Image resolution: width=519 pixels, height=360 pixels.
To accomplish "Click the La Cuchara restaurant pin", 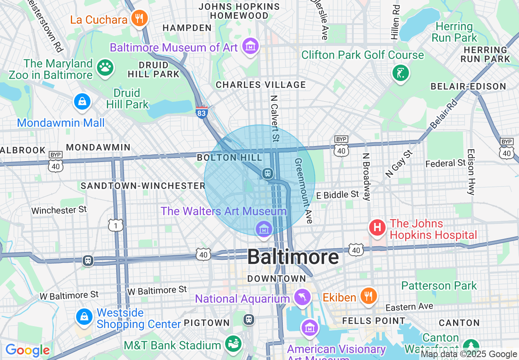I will click(140, 18).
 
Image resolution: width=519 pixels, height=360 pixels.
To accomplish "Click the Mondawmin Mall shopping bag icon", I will click(82, 101).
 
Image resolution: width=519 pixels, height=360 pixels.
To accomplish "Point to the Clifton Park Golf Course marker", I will click(400, 74).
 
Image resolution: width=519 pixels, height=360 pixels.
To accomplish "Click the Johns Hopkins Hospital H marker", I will click(377, 227).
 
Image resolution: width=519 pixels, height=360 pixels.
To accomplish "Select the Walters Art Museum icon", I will click(264, 229).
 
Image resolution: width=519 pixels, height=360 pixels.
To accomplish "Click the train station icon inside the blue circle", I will click(268, 173).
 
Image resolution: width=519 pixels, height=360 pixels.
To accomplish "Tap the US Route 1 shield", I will click(116, 225).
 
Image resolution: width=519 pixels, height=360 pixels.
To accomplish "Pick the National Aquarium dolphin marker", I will click(302, 297).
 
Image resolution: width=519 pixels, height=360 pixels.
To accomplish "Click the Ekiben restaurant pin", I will click(368, 295).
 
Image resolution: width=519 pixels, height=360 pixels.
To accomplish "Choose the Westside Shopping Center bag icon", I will click(84, 317).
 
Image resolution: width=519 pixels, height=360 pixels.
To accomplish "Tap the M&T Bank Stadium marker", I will click(234, 344).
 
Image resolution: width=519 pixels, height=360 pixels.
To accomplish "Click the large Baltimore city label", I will click(293, 257).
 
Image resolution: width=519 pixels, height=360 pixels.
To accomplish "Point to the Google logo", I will click(27, 350).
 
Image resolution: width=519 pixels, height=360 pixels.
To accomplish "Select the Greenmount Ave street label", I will click(304, 191).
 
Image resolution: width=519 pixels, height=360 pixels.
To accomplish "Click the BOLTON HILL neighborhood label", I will click(229, 157).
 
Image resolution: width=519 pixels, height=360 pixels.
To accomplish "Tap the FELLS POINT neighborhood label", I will click(374, 321).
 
